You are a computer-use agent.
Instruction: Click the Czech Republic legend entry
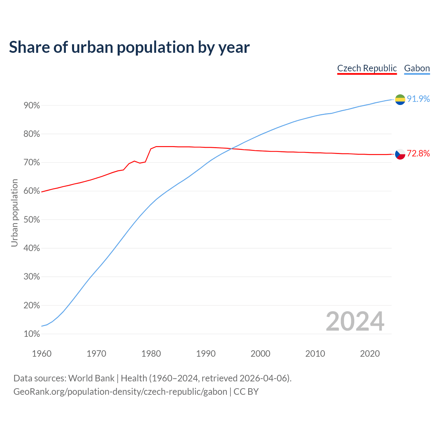coord(367,68)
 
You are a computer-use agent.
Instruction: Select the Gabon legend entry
coord(417,68)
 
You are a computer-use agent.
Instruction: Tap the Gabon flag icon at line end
coord(400,99)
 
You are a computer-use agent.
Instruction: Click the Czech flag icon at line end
coord(400,154)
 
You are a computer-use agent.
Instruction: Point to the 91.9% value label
coord(418,99)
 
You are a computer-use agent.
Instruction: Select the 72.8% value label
coord(418,153)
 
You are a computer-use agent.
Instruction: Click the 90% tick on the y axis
coord(32,105)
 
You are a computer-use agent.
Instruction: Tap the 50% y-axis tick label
coord(32,219)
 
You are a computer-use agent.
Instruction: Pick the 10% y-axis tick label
coord(32,334)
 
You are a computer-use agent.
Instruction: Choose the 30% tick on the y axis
coord(32,277)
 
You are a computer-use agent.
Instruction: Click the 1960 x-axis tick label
coord(41,354)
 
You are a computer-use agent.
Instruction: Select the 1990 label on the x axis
coord(206,354)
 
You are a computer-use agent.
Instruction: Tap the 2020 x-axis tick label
coord(370,354)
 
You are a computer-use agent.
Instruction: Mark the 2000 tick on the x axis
coord(260,354)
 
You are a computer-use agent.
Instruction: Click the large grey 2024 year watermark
coord(355,321)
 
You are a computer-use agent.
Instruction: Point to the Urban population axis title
coord(14,213)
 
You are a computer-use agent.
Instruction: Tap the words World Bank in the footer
coord(91,378)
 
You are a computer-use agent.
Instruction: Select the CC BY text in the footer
coord(246,392)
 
